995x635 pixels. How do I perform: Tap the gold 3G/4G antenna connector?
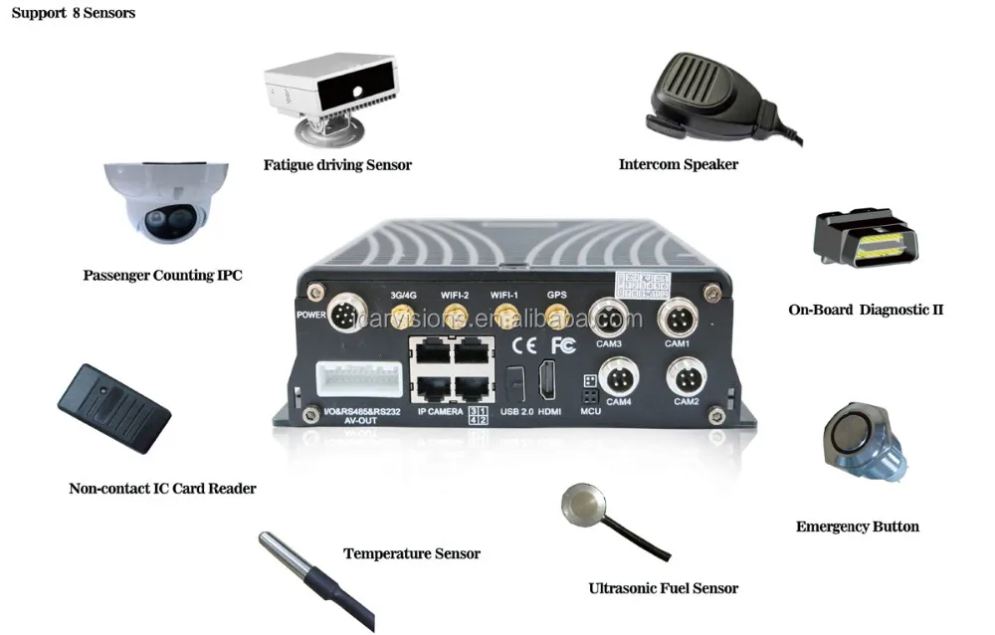pos(402,318)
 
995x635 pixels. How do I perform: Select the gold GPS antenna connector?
pos(556,317)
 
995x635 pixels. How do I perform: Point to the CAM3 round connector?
pos(607,319)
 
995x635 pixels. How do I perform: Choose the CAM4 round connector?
pos(617,377)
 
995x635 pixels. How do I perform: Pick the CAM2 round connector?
pos(686,377)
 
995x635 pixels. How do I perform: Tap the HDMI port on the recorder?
pos(548,381)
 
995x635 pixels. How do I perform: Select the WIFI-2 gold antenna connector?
pos(454,318)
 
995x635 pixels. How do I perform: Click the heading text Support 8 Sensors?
pos(73,14)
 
